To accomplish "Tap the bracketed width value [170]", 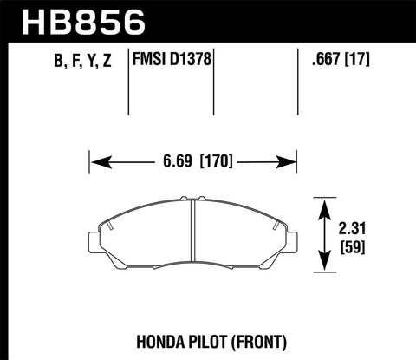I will click(x=217, y=161).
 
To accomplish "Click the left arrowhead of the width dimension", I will click(x=95, y=161).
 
